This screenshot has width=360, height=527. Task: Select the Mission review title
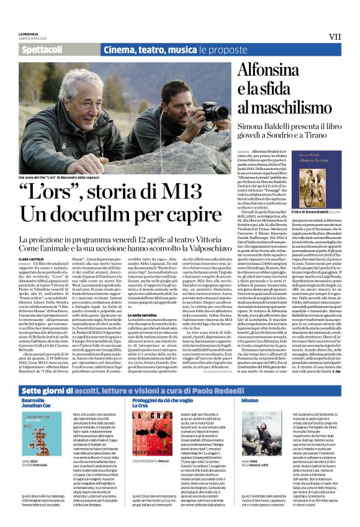coord(250,400)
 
